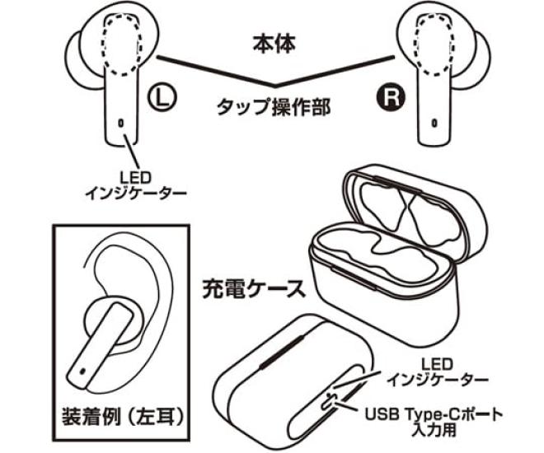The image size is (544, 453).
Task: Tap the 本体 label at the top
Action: tap(274, 39)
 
